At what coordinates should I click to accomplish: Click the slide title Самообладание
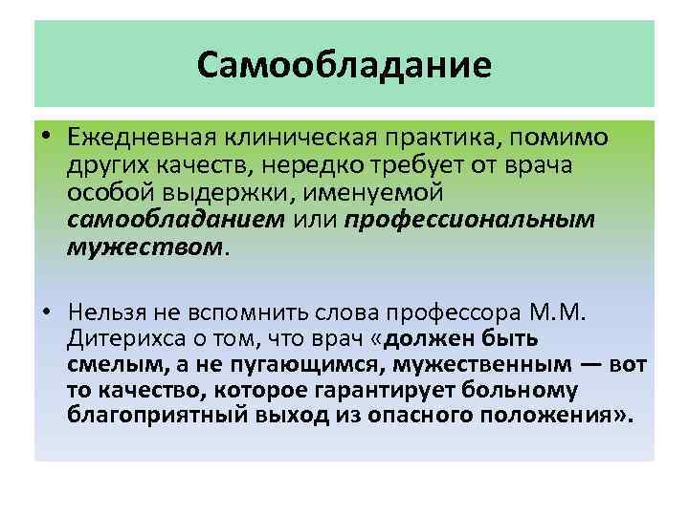[x=344, y=65]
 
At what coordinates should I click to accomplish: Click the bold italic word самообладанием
[x=176, y=221]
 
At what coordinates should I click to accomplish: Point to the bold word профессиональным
[x=470, y=221]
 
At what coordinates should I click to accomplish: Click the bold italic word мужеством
[x=144, y=247]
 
